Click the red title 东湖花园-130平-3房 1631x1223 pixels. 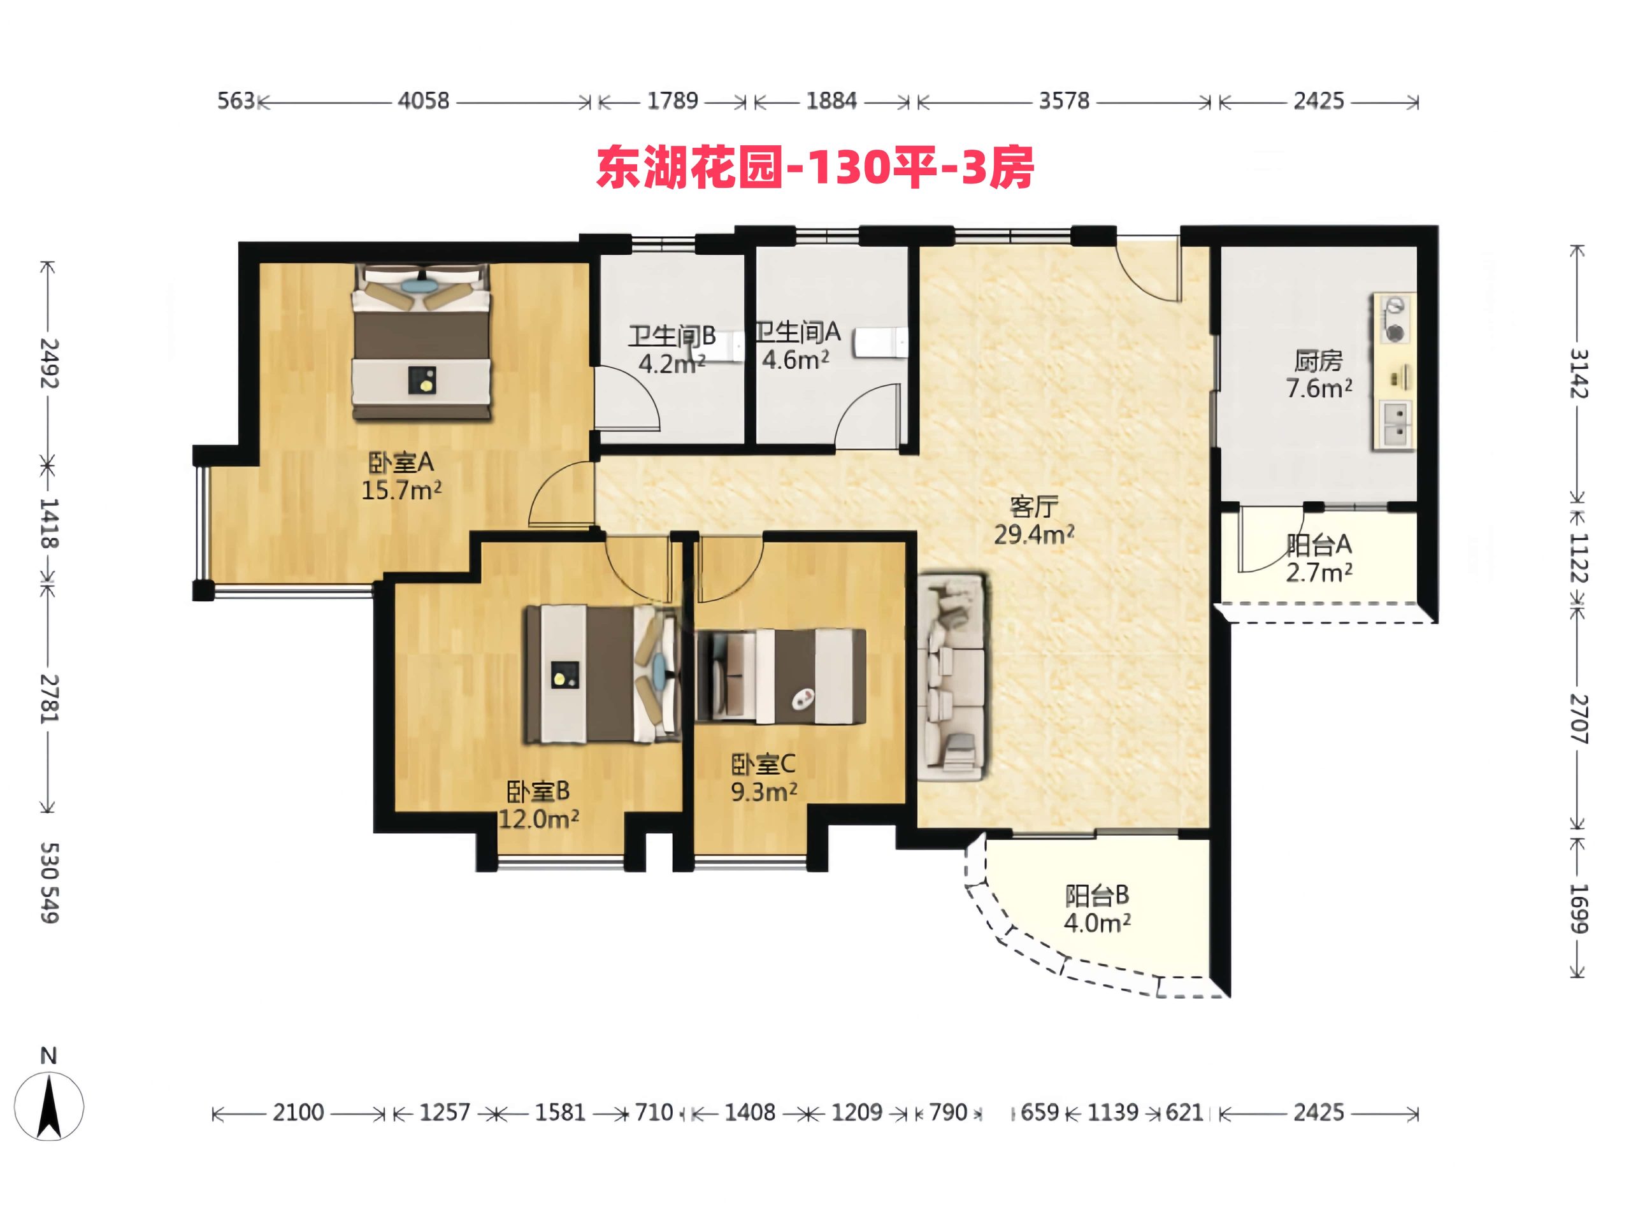click(x=815, y=167)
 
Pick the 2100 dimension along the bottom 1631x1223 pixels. click(x=298, y=1112)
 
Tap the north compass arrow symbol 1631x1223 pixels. click(x=48, y=1106)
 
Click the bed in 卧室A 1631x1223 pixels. click(x=421, y=342)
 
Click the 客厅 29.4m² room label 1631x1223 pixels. click(x=1034, y=520)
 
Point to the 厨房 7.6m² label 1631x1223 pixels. click(x=1319, y=375)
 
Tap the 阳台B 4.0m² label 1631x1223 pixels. click(x=1096, y=909)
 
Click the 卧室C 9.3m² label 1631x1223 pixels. click(x=763, y=778)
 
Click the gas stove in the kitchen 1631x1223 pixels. click(x=1393, y=319)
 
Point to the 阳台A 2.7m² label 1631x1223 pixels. click(x=1318, y=558)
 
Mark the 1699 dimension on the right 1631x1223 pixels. click(x=1577, y=909)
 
